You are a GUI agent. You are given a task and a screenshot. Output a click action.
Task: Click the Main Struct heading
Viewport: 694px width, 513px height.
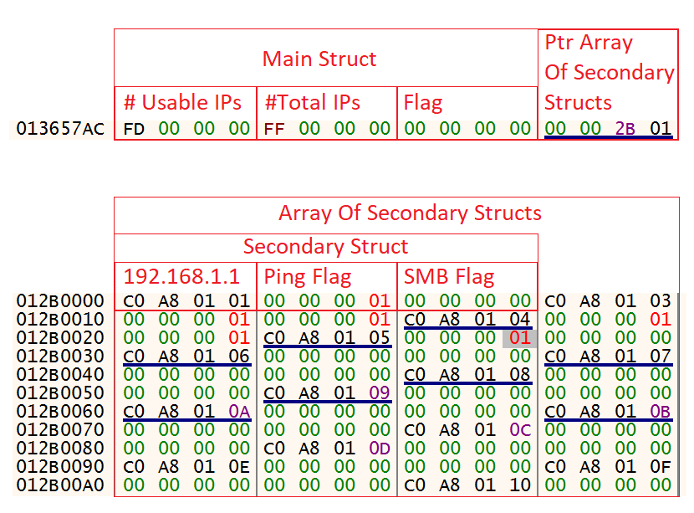(319, 59)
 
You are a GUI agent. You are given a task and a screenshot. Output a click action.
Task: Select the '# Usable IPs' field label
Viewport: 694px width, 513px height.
(182, 103)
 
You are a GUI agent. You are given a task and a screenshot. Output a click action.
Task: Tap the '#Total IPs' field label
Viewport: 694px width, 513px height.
(312, 103)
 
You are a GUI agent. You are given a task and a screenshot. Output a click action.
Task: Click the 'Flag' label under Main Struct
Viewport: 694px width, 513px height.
(423, 103)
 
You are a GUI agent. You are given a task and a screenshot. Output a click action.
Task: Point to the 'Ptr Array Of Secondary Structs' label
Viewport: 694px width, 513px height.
(609, 73)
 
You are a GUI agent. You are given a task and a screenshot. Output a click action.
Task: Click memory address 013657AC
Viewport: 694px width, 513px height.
(60, 129)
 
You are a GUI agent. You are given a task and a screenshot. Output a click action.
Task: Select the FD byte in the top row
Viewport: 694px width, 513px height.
(134, 129)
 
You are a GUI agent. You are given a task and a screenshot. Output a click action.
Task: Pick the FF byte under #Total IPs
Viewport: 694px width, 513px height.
(274, 129)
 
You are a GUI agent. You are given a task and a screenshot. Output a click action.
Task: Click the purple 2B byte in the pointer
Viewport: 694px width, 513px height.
(625, 129)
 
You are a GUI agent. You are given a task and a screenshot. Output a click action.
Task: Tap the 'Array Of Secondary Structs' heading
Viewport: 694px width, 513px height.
(410, 213)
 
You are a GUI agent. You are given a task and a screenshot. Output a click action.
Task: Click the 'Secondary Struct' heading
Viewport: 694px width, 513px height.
(325, 247)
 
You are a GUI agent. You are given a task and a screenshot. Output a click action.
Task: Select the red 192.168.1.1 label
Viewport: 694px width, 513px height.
(181, 277)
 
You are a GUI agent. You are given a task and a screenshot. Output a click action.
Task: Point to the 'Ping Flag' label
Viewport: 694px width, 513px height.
(307, 277)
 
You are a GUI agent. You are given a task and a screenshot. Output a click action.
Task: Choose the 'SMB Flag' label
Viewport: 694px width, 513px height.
(449, 277)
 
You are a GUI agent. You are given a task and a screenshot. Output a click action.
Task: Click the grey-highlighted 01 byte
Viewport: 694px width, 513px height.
(520, 338)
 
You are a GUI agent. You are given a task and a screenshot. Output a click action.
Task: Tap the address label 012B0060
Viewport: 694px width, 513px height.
(60, 412)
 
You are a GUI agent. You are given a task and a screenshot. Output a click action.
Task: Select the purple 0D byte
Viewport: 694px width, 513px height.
(380, 449)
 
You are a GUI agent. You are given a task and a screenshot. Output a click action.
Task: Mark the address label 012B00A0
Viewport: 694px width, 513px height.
(60, 485)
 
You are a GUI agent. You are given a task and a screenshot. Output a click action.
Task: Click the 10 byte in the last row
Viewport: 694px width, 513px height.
(520, 485)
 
